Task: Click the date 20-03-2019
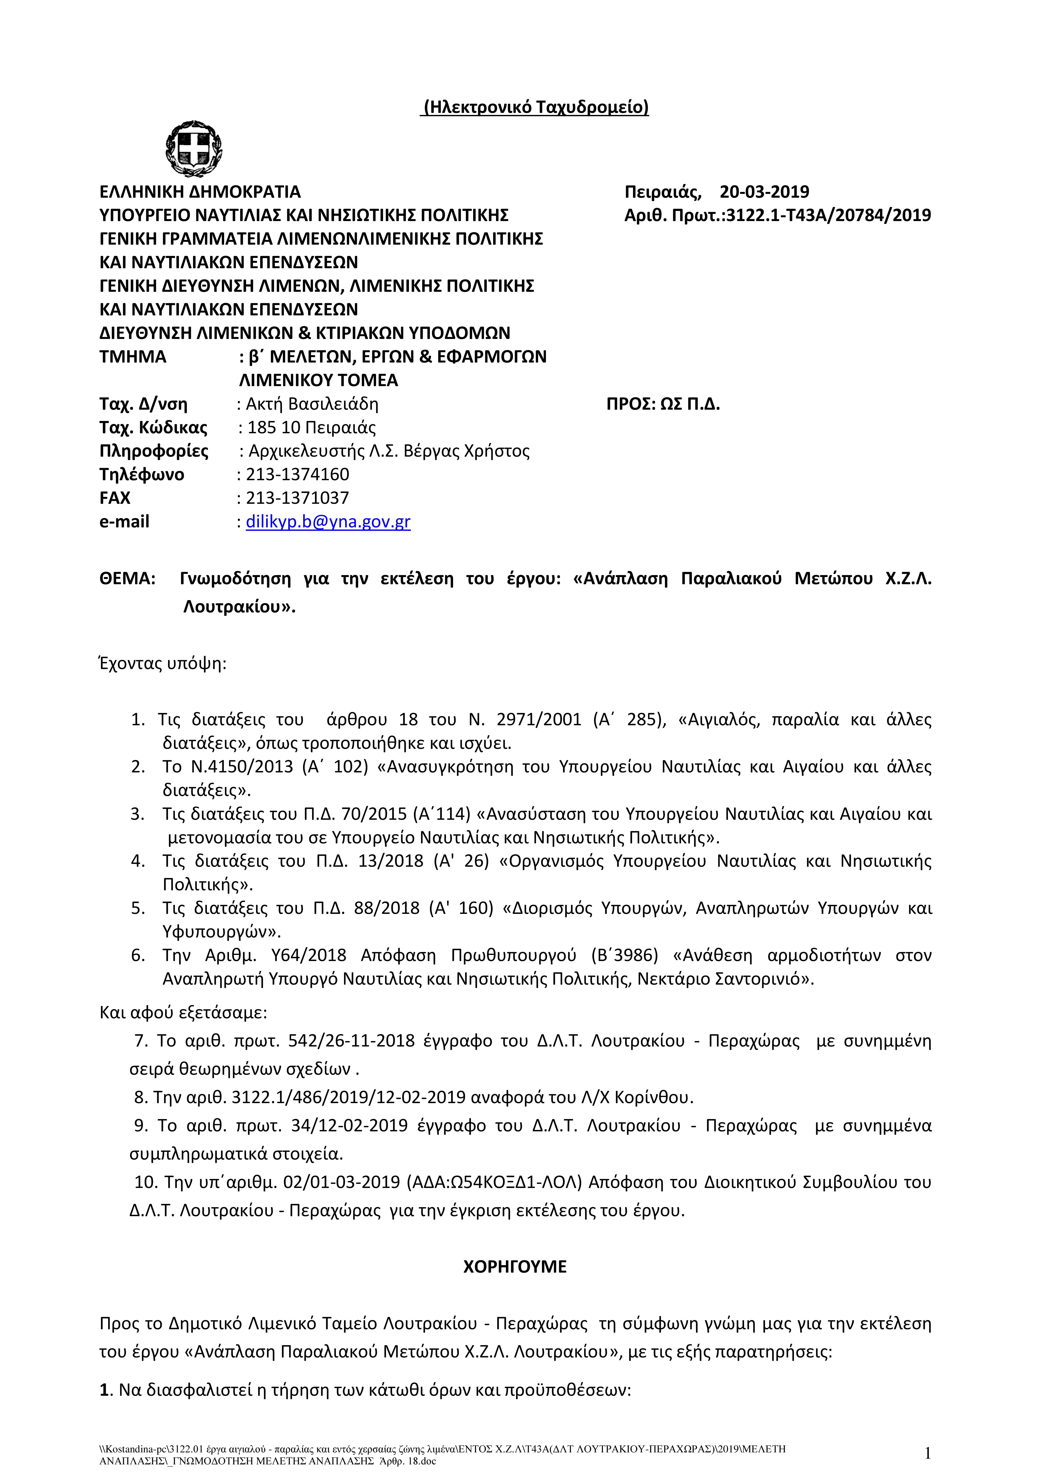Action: [x=764, y=192]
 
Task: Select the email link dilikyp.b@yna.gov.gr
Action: [x=328, y=522]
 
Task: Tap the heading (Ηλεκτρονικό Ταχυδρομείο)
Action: [x=535, y=107]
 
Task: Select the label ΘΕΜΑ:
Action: [x=127, y=578]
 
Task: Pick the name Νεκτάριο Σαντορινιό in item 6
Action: [x=725, y=979]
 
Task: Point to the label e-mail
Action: [x=124, y=522]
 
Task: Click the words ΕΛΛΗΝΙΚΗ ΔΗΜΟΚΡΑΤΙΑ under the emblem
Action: [x=200, y=192]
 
